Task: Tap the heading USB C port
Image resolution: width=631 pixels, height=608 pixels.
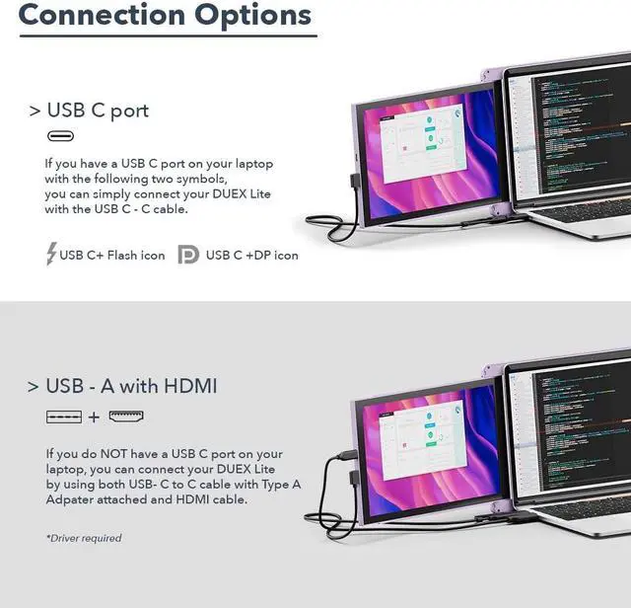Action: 98,110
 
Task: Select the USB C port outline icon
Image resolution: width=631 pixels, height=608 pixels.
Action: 60,136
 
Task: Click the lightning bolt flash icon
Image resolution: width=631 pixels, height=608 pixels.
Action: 51,254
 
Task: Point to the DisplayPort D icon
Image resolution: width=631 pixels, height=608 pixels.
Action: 187,255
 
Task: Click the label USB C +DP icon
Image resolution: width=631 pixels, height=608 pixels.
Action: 251,256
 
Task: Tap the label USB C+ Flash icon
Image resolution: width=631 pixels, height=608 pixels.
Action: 112,256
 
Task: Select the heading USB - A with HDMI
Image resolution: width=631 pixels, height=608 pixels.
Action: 131,386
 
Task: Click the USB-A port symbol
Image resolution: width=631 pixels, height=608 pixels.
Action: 64,417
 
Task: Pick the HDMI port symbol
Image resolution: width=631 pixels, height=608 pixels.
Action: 126,417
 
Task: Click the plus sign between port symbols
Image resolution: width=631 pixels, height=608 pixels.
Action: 95,418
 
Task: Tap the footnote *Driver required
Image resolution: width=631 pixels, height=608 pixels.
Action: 84,538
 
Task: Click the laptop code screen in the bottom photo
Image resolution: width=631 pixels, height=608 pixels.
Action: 571,424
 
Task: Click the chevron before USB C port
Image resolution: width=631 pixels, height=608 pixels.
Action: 35,111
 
